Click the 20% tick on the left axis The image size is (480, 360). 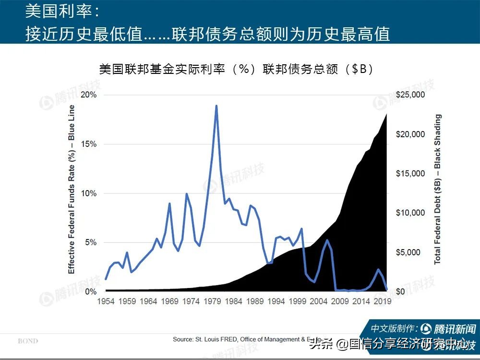(x=88, y=95)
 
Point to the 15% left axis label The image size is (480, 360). (x=88, y=144)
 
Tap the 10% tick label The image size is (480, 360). (x=88, y=193)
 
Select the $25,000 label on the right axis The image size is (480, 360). (x=410, y=95)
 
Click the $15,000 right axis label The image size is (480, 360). (x=410, y=173)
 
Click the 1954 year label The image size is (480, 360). (x=106, y=301)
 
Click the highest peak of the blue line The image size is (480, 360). (x=216, y=106)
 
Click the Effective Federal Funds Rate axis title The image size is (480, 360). (x=72, y=189)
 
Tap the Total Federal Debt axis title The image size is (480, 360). (x=437, y=189)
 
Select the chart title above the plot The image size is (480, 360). (x=236, y=69)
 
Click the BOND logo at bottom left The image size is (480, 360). (x=28, y=341)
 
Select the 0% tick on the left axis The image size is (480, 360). (x=90, y=291)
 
